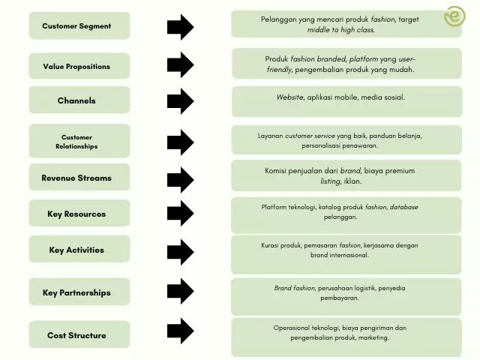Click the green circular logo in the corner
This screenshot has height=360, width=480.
(x=454, y=17)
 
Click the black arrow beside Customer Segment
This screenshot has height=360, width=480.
(x=180, y=26)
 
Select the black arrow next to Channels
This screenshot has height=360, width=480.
(x=180, y=100)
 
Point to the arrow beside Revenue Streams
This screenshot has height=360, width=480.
(x=180, y=178)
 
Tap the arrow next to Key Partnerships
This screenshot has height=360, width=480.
(x=180, y=292)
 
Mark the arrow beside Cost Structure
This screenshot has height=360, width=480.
(x=180, y=331)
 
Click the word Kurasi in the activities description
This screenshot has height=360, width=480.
(x=273, y=245)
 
